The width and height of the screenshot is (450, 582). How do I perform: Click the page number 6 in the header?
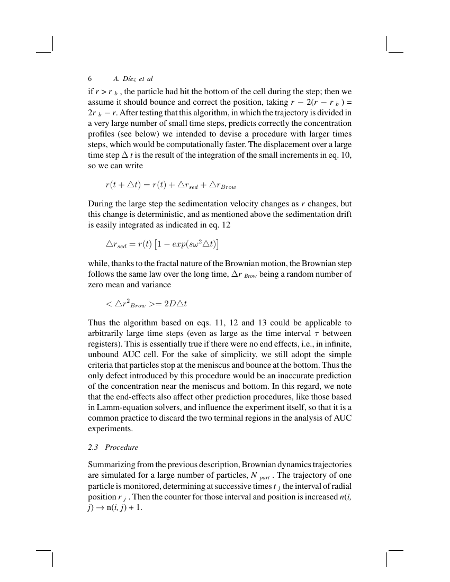tap(90, 78)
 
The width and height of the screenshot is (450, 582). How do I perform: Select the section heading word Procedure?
tap(121, 447)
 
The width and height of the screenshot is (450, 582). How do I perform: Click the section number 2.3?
tap(94, 447)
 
